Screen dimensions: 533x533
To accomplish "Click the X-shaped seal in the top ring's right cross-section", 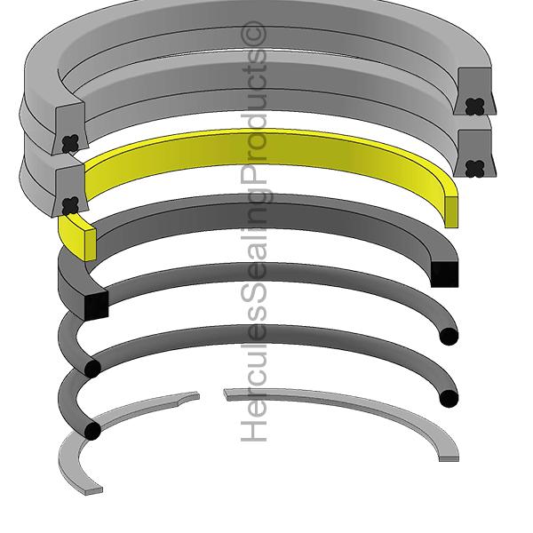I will coord(473,105).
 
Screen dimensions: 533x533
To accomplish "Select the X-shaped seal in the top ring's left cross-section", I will coord(69,142).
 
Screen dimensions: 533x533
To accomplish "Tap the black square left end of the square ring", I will coord(95,305).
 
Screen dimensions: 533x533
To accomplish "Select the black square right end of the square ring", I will coord(444,274).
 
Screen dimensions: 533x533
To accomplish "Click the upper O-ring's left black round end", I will coord(92,369).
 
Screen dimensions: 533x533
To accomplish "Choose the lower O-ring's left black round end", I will coord(92,431).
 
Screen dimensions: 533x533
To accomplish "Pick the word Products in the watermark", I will coord(255,133).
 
